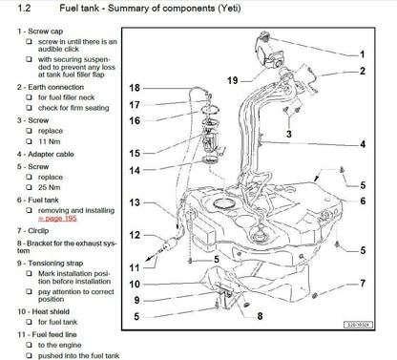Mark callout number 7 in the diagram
363,283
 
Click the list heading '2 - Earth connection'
44,86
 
